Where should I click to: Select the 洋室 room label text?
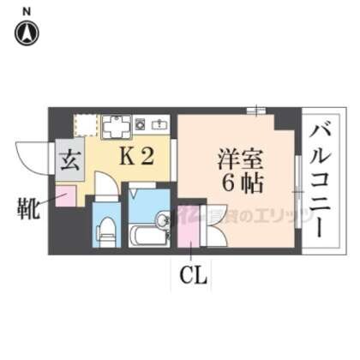[235, 159]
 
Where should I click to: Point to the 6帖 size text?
[237, 182]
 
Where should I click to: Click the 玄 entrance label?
[69, 159]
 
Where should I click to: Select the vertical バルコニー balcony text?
[321, 181]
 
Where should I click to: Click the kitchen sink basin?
[160, 126]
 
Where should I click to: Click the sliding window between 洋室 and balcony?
[295, 176]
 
